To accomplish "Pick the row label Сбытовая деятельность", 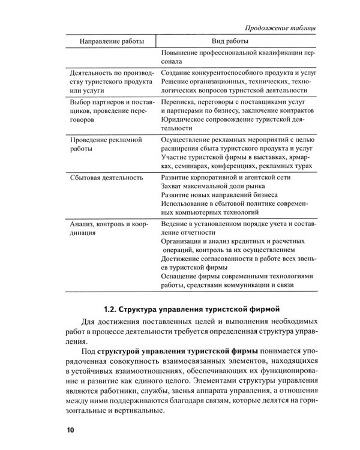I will pyautogui.click(x=106, y=178).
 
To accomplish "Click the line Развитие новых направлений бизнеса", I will pyautogui.click(x=220, y=196).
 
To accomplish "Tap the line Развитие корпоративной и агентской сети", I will pyautogui.click(x=227, y=178).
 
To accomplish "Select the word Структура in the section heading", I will pyautogui.click(x=140, y=310).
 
